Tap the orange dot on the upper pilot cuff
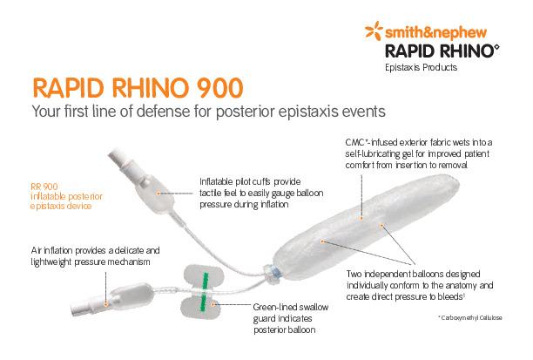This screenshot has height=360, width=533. pos(158,191)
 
